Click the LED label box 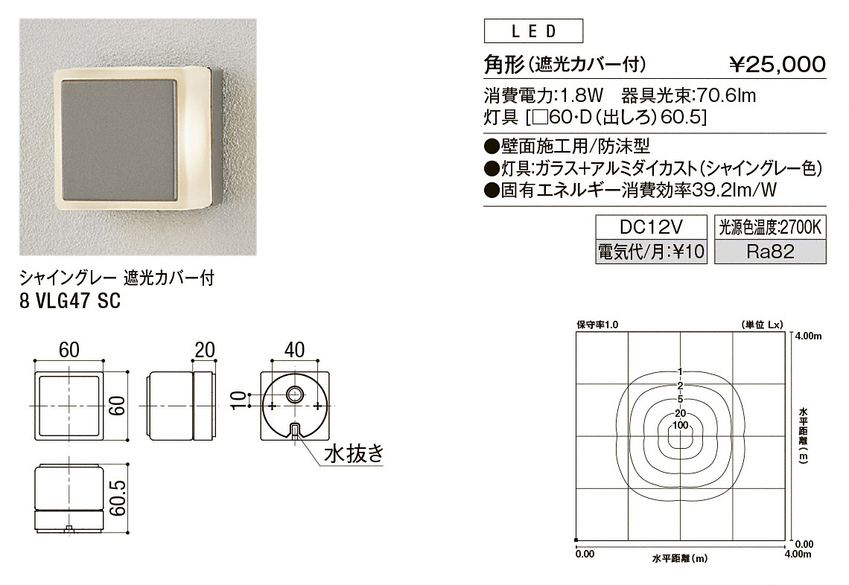point(533,31)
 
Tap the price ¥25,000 point(777,65)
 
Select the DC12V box point(652,227)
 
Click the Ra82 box point(770,252)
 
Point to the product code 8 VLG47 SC point(70,301)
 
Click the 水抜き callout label point(354,453)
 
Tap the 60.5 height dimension point(118,497)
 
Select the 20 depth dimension point(205,350)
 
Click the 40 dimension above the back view point(294,350)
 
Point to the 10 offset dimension point(239,400)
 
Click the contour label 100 point(680,425)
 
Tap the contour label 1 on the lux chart point(680,372)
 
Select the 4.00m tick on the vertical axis point(808,336)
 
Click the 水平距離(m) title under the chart point(679,558)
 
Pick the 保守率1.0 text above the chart point(597,325)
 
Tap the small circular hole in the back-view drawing point(295,394)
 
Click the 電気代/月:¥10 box point(652,252)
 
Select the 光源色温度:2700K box point(770,227)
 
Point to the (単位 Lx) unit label point(761,325)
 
